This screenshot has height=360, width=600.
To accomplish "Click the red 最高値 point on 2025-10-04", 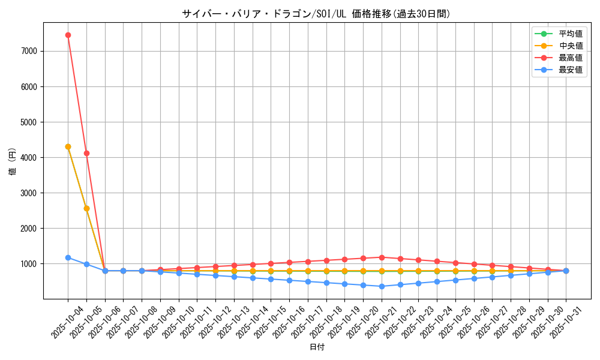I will click(x=68, y=35).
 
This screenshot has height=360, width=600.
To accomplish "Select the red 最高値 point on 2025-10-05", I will click(x=86, y=153).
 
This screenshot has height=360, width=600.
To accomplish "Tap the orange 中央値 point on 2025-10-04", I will click(x=68, y=146).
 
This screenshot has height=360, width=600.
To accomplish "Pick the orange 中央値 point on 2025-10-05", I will click(x=86, y=208).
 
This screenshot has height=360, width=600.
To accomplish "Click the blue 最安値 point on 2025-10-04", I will click(x=68, y=257).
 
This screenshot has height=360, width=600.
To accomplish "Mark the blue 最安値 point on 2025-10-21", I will click(x=382, y=286).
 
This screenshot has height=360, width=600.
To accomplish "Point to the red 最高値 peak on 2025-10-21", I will click(x=382, y=257).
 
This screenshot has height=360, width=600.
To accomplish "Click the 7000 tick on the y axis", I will click(x=29, y=51).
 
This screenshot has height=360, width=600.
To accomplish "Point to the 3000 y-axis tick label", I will click(x=29, y=193).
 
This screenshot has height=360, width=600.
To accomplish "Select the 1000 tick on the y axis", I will click(x=29, y=263).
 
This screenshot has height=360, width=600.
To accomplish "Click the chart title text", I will click(x=316, y=14).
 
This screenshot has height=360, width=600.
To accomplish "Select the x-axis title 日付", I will click(x=317, y=347).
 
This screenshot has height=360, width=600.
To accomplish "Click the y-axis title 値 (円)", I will click(x=13, y=161).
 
